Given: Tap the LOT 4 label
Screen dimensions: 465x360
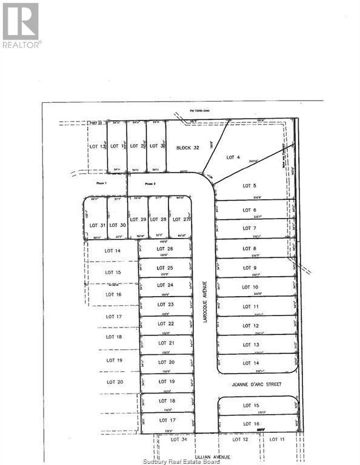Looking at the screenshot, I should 233,157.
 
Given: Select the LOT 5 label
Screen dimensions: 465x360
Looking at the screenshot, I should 250,186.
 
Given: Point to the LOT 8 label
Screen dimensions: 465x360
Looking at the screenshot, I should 250,248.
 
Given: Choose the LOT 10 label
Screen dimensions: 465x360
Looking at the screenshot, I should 250,287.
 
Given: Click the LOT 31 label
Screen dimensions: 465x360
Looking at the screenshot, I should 97,225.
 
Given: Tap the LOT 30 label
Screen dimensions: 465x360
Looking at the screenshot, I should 118,225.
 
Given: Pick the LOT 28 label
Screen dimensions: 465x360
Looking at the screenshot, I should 159,219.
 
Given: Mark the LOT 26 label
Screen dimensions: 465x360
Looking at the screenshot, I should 165,249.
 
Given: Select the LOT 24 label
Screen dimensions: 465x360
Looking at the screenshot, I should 165,285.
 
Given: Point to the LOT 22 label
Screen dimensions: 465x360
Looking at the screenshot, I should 166,323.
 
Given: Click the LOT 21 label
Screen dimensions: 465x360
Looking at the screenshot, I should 166,343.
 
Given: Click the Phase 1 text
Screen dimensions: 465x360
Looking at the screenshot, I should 101,183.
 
